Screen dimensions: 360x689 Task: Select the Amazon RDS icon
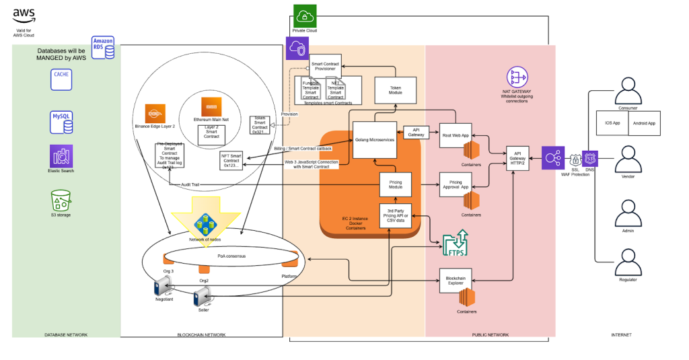point(103,47)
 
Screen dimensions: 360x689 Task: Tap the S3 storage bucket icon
point(61,200)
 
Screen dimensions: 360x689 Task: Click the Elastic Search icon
point(61,155)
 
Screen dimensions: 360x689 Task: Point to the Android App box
point(641,124)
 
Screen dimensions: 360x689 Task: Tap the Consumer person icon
point(628,90)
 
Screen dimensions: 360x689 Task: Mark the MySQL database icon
point(61,122)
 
